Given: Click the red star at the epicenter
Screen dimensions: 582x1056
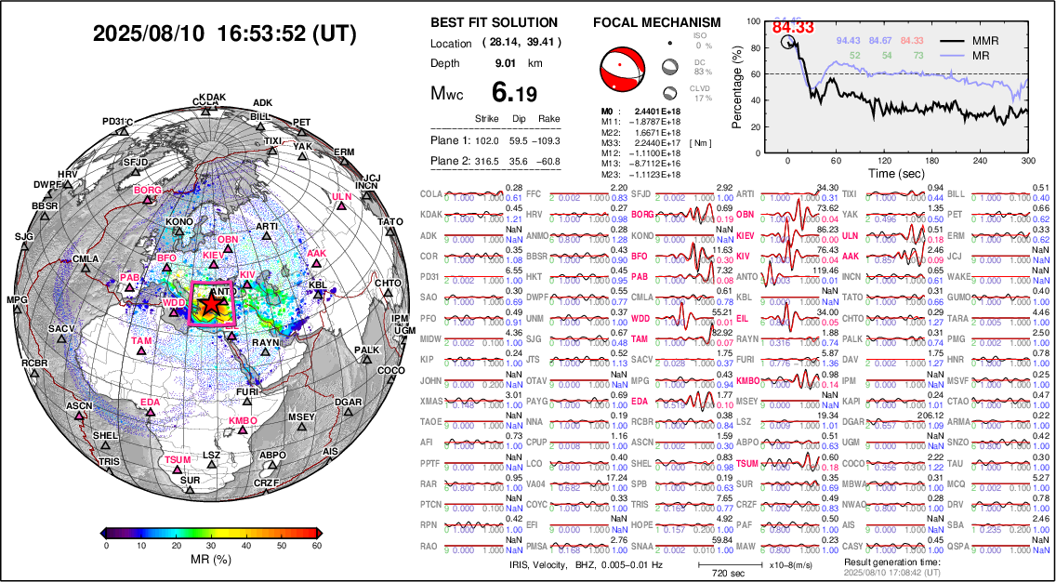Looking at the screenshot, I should pos(212,302).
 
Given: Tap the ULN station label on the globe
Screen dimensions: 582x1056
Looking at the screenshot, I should pos(342,197).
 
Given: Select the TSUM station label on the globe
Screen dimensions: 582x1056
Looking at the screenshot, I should pos(177,460).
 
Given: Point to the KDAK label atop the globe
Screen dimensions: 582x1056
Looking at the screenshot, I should pos(212,97).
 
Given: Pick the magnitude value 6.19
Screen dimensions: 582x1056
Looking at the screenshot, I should pos(514,92).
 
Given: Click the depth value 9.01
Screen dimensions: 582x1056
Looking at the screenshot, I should pos(507,63).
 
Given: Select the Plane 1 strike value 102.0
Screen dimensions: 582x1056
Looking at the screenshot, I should pos(487,140).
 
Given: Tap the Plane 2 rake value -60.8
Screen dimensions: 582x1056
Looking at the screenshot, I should pos(549,161).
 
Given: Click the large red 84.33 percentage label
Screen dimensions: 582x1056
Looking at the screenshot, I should pos(793,27).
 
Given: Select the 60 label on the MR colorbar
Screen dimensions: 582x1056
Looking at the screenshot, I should pos(316,546).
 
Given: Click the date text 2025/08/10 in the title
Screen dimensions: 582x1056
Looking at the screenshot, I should pos(151,33).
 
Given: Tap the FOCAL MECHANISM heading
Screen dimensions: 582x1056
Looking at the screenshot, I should pos(656,22).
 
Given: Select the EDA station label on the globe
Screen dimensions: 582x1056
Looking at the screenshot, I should pos(149,403).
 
